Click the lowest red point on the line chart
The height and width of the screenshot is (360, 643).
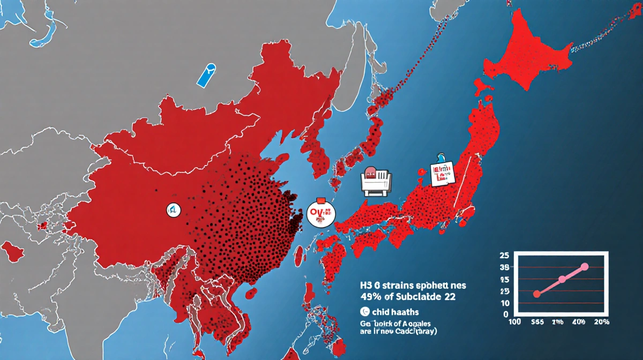[537, 294]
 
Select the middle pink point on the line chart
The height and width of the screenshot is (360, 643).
[562, 279]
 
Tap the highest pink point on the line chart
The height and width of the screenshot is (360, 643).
[585, 266]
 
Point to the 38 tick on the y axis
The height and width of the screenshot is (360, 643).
[505, 267]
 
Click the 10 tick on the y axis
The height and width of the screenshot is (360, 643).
[505, 303]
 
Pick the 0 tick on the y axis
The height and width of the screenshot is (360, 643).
[507, 314]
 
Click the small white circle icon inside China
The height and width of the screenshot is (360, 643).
[174, 209]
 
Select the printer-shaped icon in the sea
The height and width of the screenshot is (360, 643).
[375, 181]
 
